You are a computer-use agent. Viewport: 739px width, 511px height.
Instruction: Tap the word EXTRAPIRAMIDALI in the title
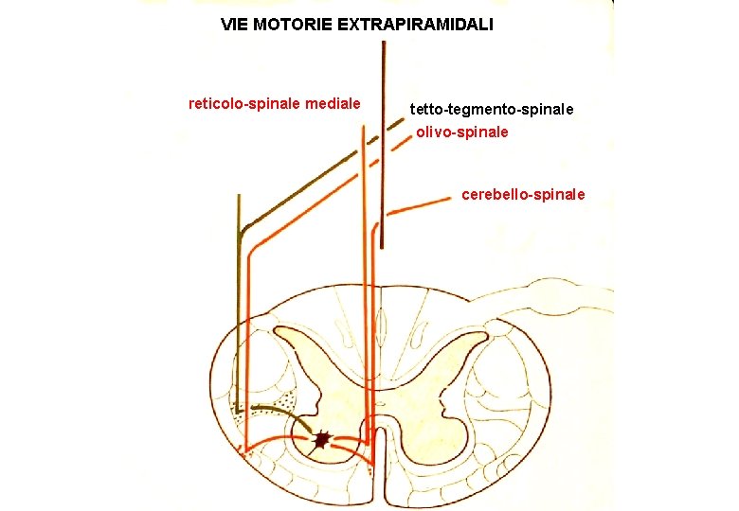point(415,24)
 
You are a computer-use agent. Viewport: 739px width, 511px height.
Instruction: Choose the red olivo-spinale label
point(462,132)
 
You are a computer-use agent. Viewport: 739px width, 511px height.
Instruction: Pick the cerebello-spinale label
point(523,195)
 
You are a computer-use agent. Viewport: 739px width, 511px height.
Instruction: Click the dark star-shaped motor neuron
point(322,439)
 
